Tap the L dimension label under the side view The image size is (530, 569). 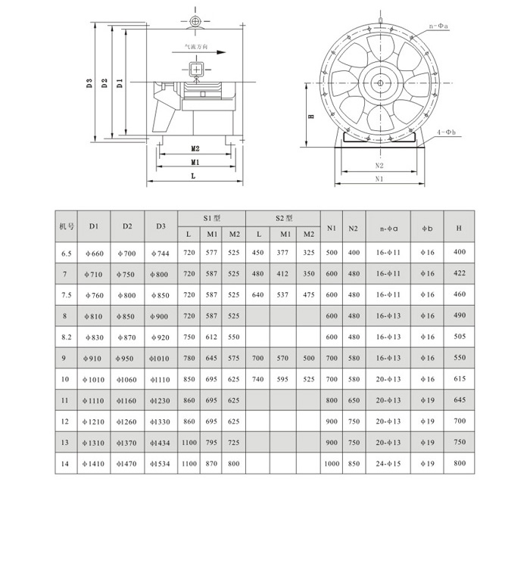coord(194,176)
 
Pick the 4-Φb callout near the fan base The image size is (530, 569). coord(445,132)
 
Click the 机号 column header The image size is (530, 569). coord(65,226)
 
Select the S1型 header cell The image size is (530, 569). coord(211,218)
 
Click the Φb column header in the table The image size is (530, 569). coord(427,227)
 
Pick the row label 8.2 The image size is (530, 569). coord(65,337)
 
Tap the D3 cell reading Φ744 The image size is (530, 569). coord(161,253)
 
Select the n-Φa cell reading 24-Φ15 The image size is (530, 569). coord(388,463)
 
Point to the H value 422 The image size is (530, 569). coord(459,274)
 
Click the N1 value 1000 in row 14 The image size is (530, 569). coord(331,463)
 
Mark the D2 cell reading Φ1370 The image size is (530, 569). coord(126,442)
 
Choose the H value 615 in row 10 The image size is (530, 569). coord(459,379)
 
